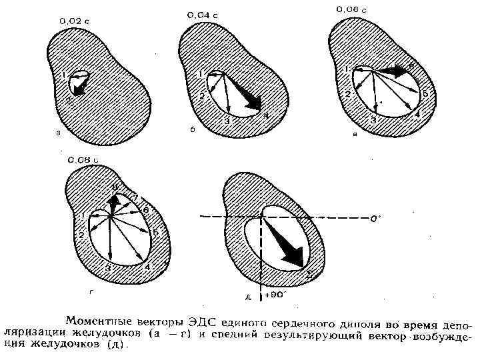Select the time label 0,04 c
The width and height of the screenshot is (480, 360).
tap(202, 14)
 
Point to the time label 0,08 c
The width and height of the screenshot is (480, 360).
tap(82, 160)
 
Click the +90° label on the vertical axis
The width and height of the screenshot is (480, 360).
tap(275, 294)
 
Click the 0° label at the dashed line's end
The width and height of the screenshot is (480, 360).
tap(377, 218)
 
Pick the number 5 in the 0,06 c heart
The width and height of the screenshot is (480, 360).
tap(425, 94)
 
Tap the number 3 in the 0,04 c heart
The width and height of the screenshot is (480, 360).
tap(227, 121)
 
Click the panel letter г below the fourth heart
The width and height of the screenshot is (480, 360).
tap(91, 291)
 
